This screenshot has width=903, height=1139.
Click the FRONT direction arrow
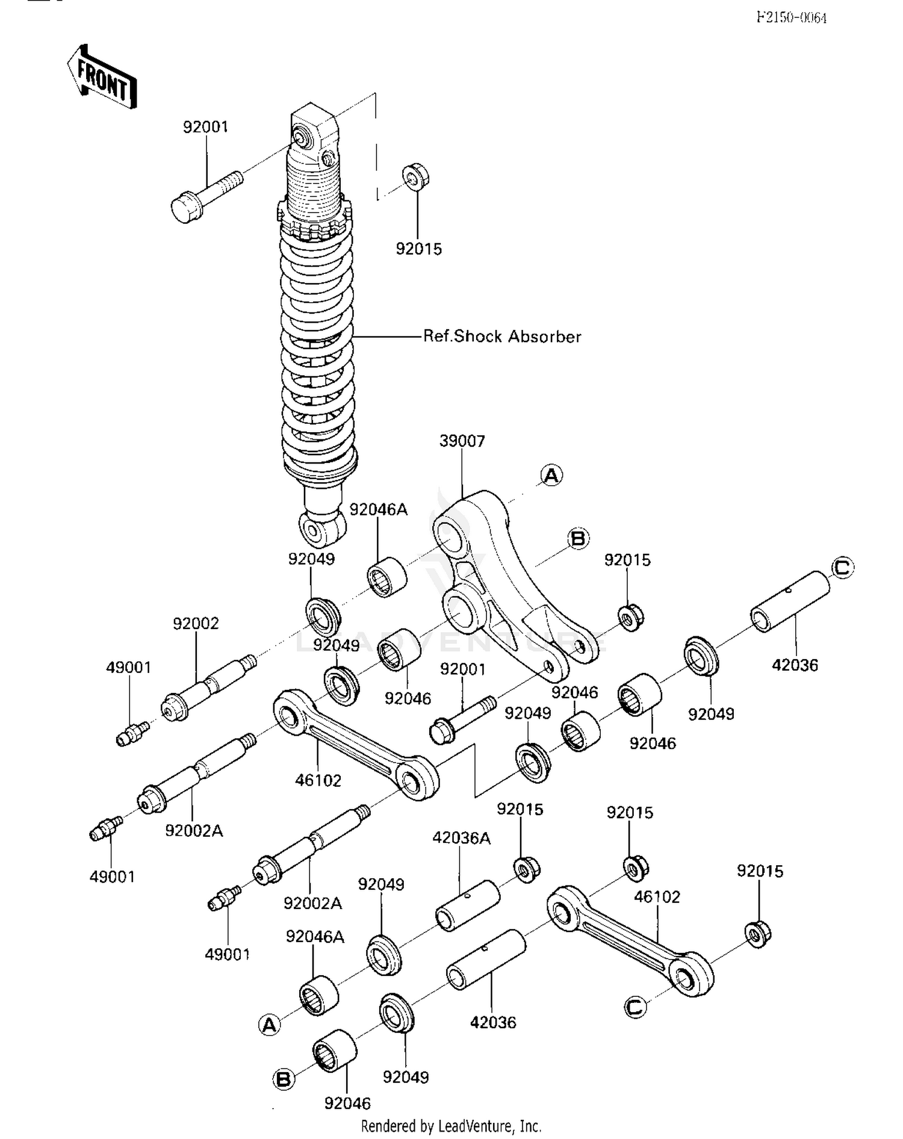click(102, 77)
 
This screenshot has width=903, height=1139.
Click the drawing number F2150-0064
click(791, 17)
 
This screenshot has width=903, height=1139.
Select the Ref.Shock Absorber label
click(502, 337)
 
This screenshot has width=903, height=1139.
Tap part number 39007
click(462, 441)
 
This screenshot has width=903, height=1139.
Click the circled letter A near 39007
click(551, 476)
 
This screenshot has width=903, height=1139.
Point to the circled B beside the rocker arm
click(578, 538)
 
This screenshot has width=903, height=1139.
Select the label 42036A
click(462, 838)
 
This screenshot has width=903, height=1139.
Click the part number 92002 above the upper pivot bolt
click(196, 624)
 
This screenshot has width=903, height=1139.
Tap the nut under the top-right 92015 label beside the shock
click(415, 176)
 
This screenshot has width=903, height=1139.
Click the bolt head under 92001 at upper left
click(185, 208)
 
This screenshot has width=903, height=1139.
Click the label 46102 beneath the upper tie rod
click(318, 780)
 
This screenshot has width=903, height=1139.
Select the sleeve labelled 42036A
click(467, 905)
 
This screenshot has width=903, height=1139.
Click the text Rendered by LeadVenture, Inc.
click(451, 1126)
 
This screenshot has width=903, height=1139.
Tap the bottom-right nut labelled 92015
click(759, 934)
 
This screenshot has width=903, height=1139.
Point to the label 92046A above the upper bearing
click(378, 510)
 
